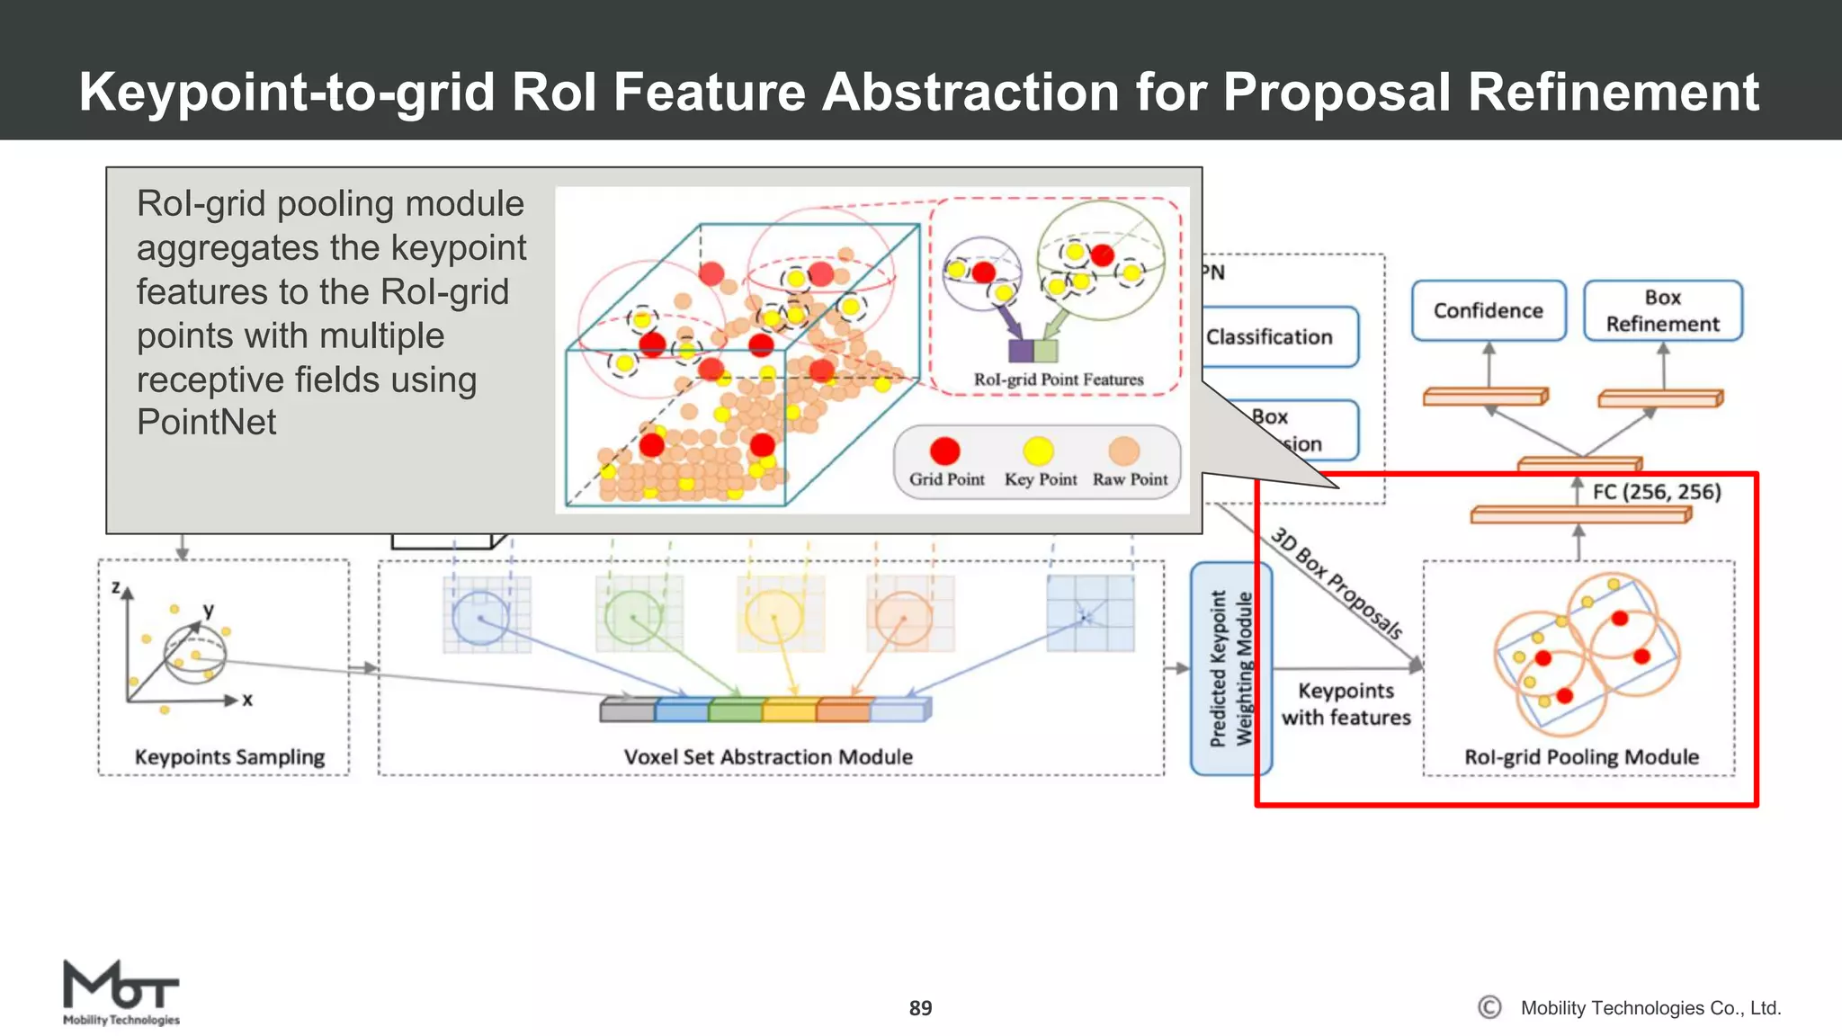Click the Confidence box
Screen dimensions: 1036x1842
click(x=1488, y=310)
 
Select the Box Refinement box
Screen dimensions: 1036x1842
click(x=1662, y=310)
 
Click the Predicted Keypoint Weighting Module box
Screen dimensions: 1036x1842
click(x=1230, y=668)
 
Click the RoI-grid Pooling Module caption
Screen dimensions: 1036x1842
click(x=1581, y=757)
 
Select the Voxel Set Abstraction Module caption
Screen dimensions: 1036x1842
click(x=768, y=757)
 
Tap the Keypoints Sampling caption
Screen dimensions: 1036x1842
click(x=229, y=757)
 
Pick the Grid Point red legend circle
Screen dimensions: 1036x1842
click(x=944, y=451)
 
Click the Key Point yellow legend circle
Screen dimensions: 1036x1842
click(x=1038, y=451)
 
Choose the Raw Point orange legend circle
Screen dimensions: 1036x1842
click(x=1123, y=451)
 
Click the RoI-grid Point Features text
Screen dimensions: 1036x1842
click(x=1058, y=380)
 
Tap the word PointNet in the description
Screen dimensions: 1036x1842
click(x=206, y=422)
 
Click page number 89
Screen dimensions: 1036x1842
click(x=920, y=1008)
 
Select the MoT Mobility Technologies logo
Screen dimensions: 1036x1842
click(x=121, y=991)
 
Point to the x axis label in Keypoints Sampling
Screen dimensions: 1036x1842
click(x=247, y=700)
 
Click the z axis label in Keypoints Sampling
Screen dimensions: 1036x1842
click(x=115, y=587)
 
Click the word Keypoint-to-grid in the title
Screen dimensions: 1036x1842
click(x=286, y=92)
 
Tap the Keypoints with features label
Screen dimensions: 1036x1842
click(x=1346, y=704)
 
